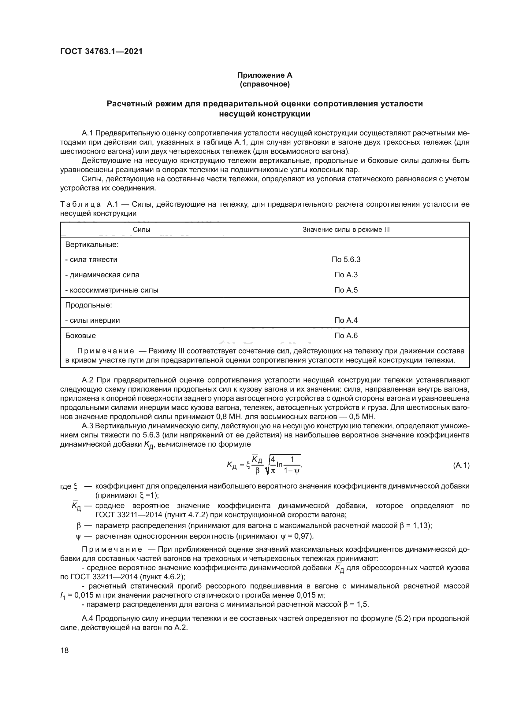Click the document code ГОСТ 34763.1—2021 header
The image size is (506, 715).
click(101, 51)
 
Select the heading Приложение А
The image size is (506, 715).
click(265, 75)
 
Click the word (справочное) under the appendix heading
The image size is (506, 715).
click(265, 84)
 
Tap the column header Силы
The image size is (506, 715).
click(141, 230)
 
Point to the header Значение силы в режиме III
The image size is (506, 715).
click(346, 230)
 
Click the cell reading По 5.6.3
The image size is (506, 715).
click(346, 260)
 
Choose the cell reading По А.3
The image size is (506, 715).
click(346, 275)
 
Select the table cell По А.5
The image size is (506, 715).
click(346, 290)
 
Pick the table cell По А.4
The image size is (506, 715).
click(346, 320)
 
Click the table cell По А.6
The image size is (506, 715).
click(346, 335)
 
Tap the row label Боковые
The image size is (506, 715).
click(80, 335)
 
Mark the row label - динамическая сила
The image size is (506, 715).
click(102, 275)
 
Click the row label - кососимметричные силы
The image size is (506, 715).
click(112, 290)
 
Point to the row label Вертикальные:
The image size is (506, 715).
click(91, 245)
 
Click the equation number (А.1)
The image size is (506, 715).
click(461, 465)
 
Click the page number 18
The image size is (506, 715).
click(65, 650)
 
